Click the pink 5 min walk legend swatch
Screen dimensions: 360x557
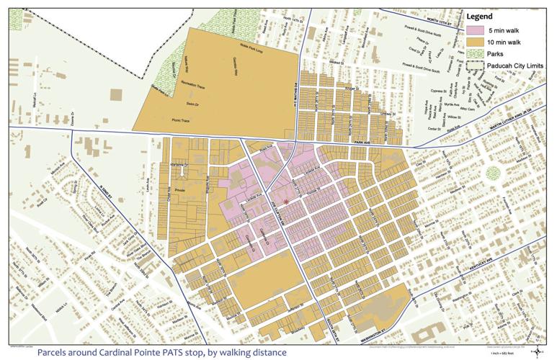(x=476, y=30)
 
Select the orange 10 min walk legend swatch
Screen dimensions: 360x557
(x=476, y=42)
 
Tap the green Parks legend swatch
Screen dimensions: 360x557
(x=476, y=53)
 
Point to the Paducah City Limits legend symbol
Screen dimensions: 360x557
(x=476, y=65)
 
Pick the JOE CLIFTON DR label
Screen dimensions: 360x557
(x=274, y=212)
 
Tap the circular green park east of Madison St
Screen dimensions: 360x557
(x=494, y=173)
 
